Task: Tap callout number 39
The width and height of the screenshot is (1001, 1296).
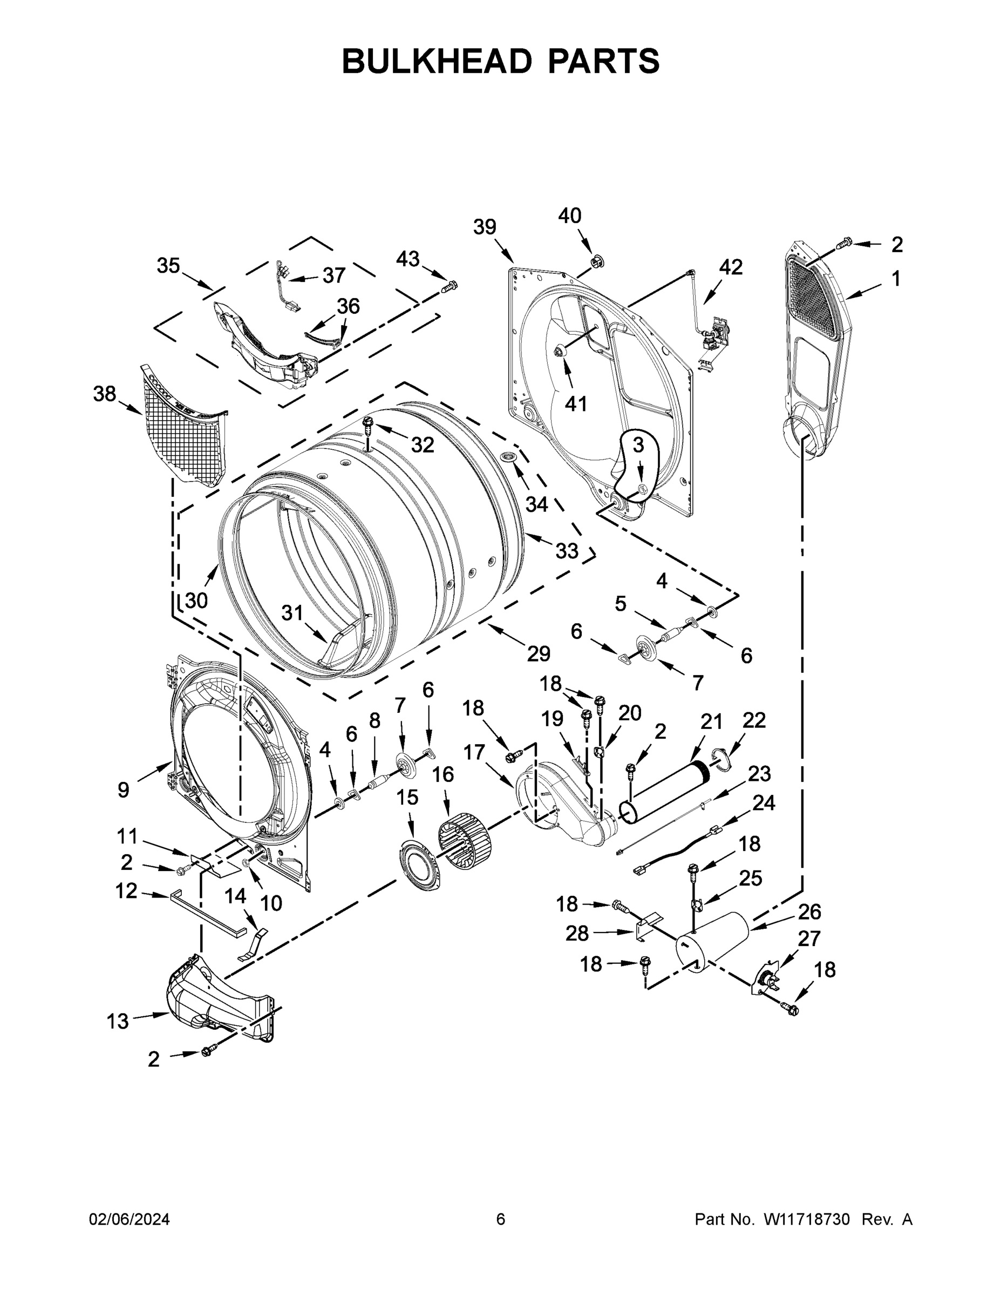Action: pos(485,227)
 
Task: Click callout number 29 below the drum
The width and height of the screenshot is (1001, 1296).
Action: pos(539,653)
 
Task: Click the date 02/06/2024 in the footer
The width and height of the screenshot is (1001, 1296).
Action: pos(130,1219)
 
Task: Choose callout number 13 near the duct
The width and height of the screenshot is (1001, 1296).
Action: pos(118,1021)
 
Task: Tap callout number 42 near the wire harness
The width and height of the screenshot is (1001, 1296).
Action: pos(731,267)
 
